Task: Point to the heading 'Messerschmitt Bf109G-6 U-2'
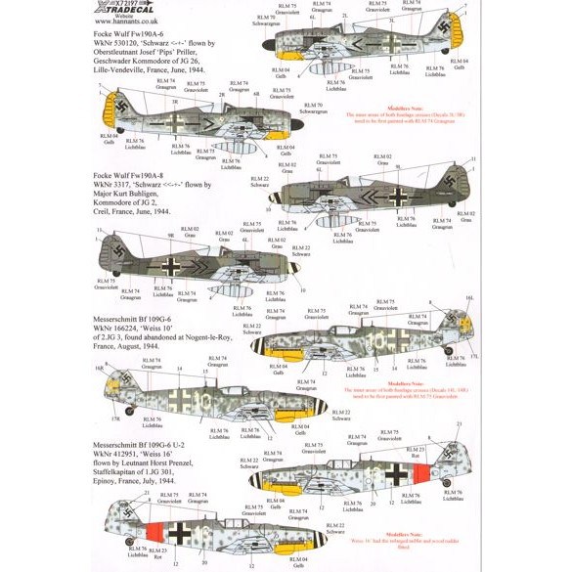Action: (66, 432)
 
